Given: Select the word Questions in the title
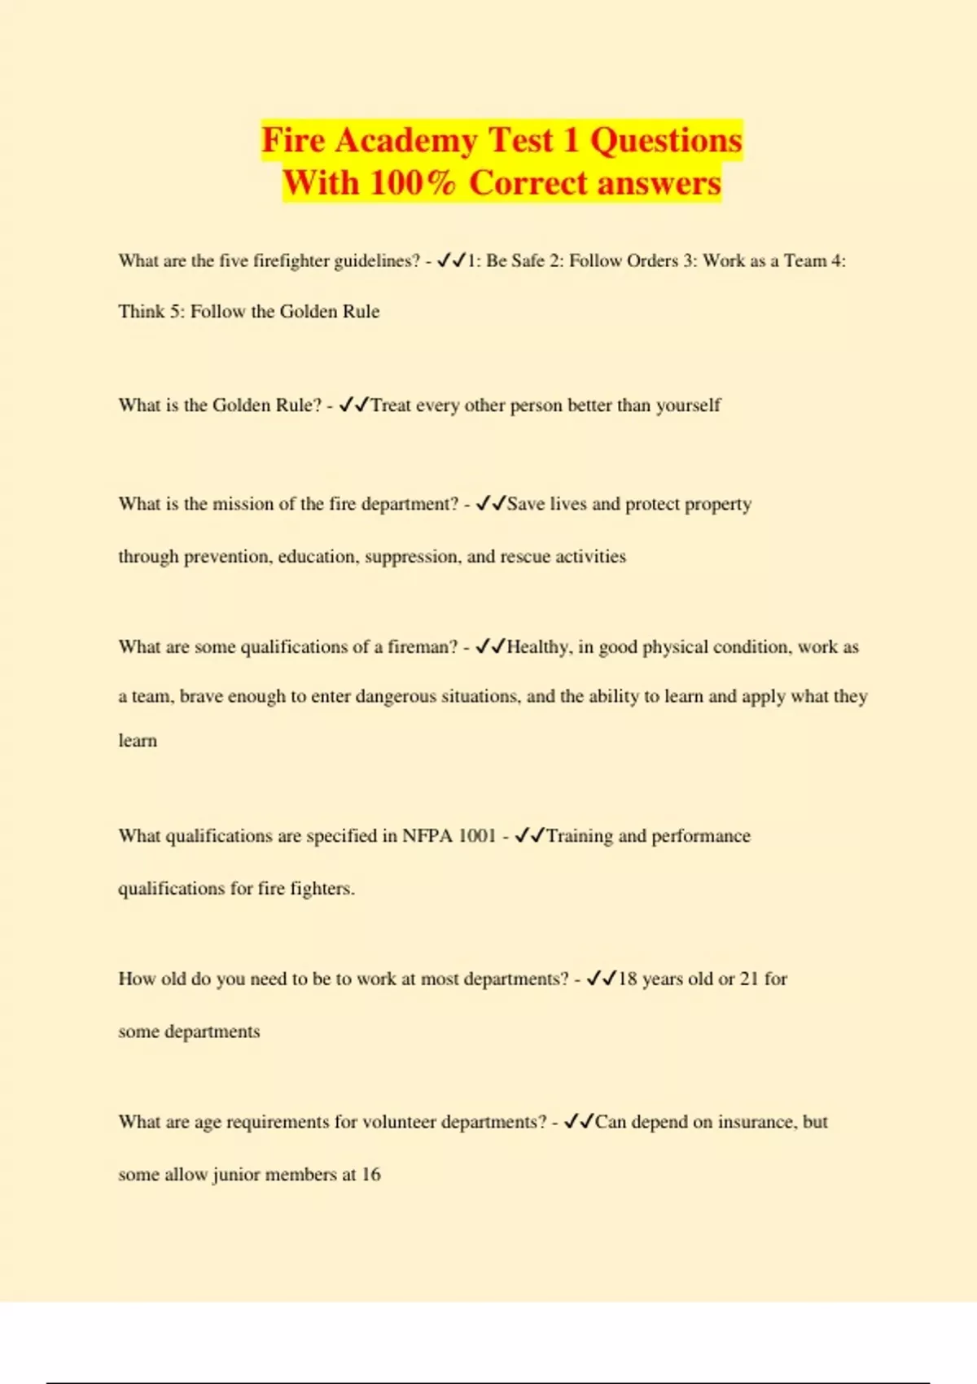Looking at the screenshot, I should pyautogui.click(x=666, y=140).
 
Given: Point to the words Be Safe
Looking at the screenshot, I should pyautogui.click(x=515, y=261).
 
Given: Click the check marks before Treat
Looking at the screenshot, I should pyautogui.click(x=354, y=405).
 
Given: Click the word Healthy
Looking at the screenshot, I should pyautogui.click(x=537, y=647).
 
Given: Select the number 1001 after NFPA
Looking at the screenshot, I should pyautogui.click(x=477, y=836).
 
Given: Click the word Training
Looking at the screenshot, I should pyautogui.click(x=579, y=836).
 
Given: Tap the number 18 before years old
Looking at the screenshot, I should pyautogui.click(x=627, y=979).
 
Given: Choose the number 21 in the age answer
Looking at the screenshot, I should pyautogui.click(x=749, y=979).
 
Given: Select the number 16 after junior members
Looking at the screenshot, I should pyautogui.click(x=370, y=1174).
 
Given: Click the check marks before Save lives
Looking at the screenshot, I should pyautogui.click(x=491, y=504).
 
